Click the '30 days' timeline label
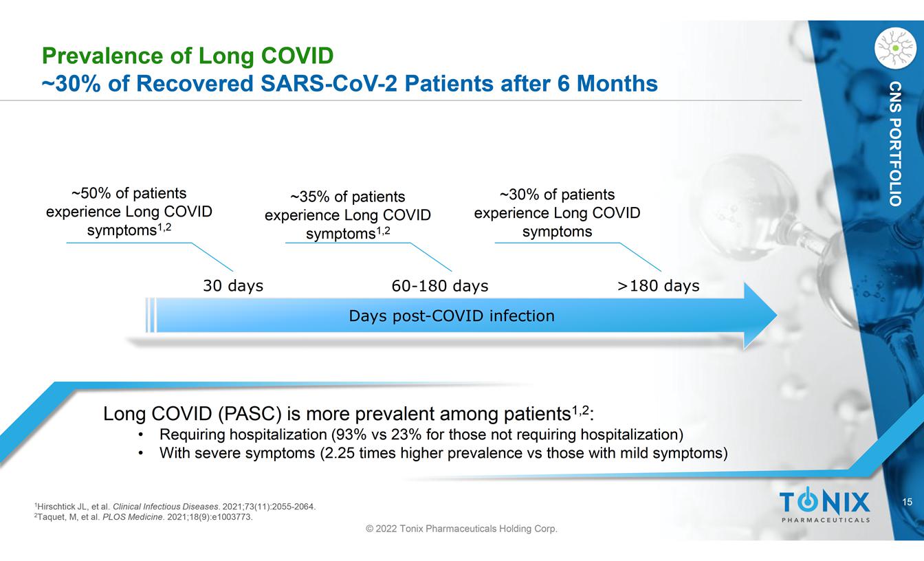point(233,286)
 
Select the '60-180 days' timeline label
point(439,286)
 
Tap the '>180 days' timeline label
point(658,286)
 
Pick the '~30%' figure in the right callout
point(517,195)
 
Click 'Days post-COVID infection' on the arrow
point(451,316)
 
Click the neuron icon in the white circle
point(895,47)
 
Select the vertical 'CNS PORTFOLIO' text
point(894,144)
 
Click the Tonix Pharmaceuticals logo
point(824,506)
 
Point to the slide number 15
point(907,503)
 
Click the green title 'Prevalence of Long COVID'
point(188,55)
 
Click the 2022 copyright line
point(461,529)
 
